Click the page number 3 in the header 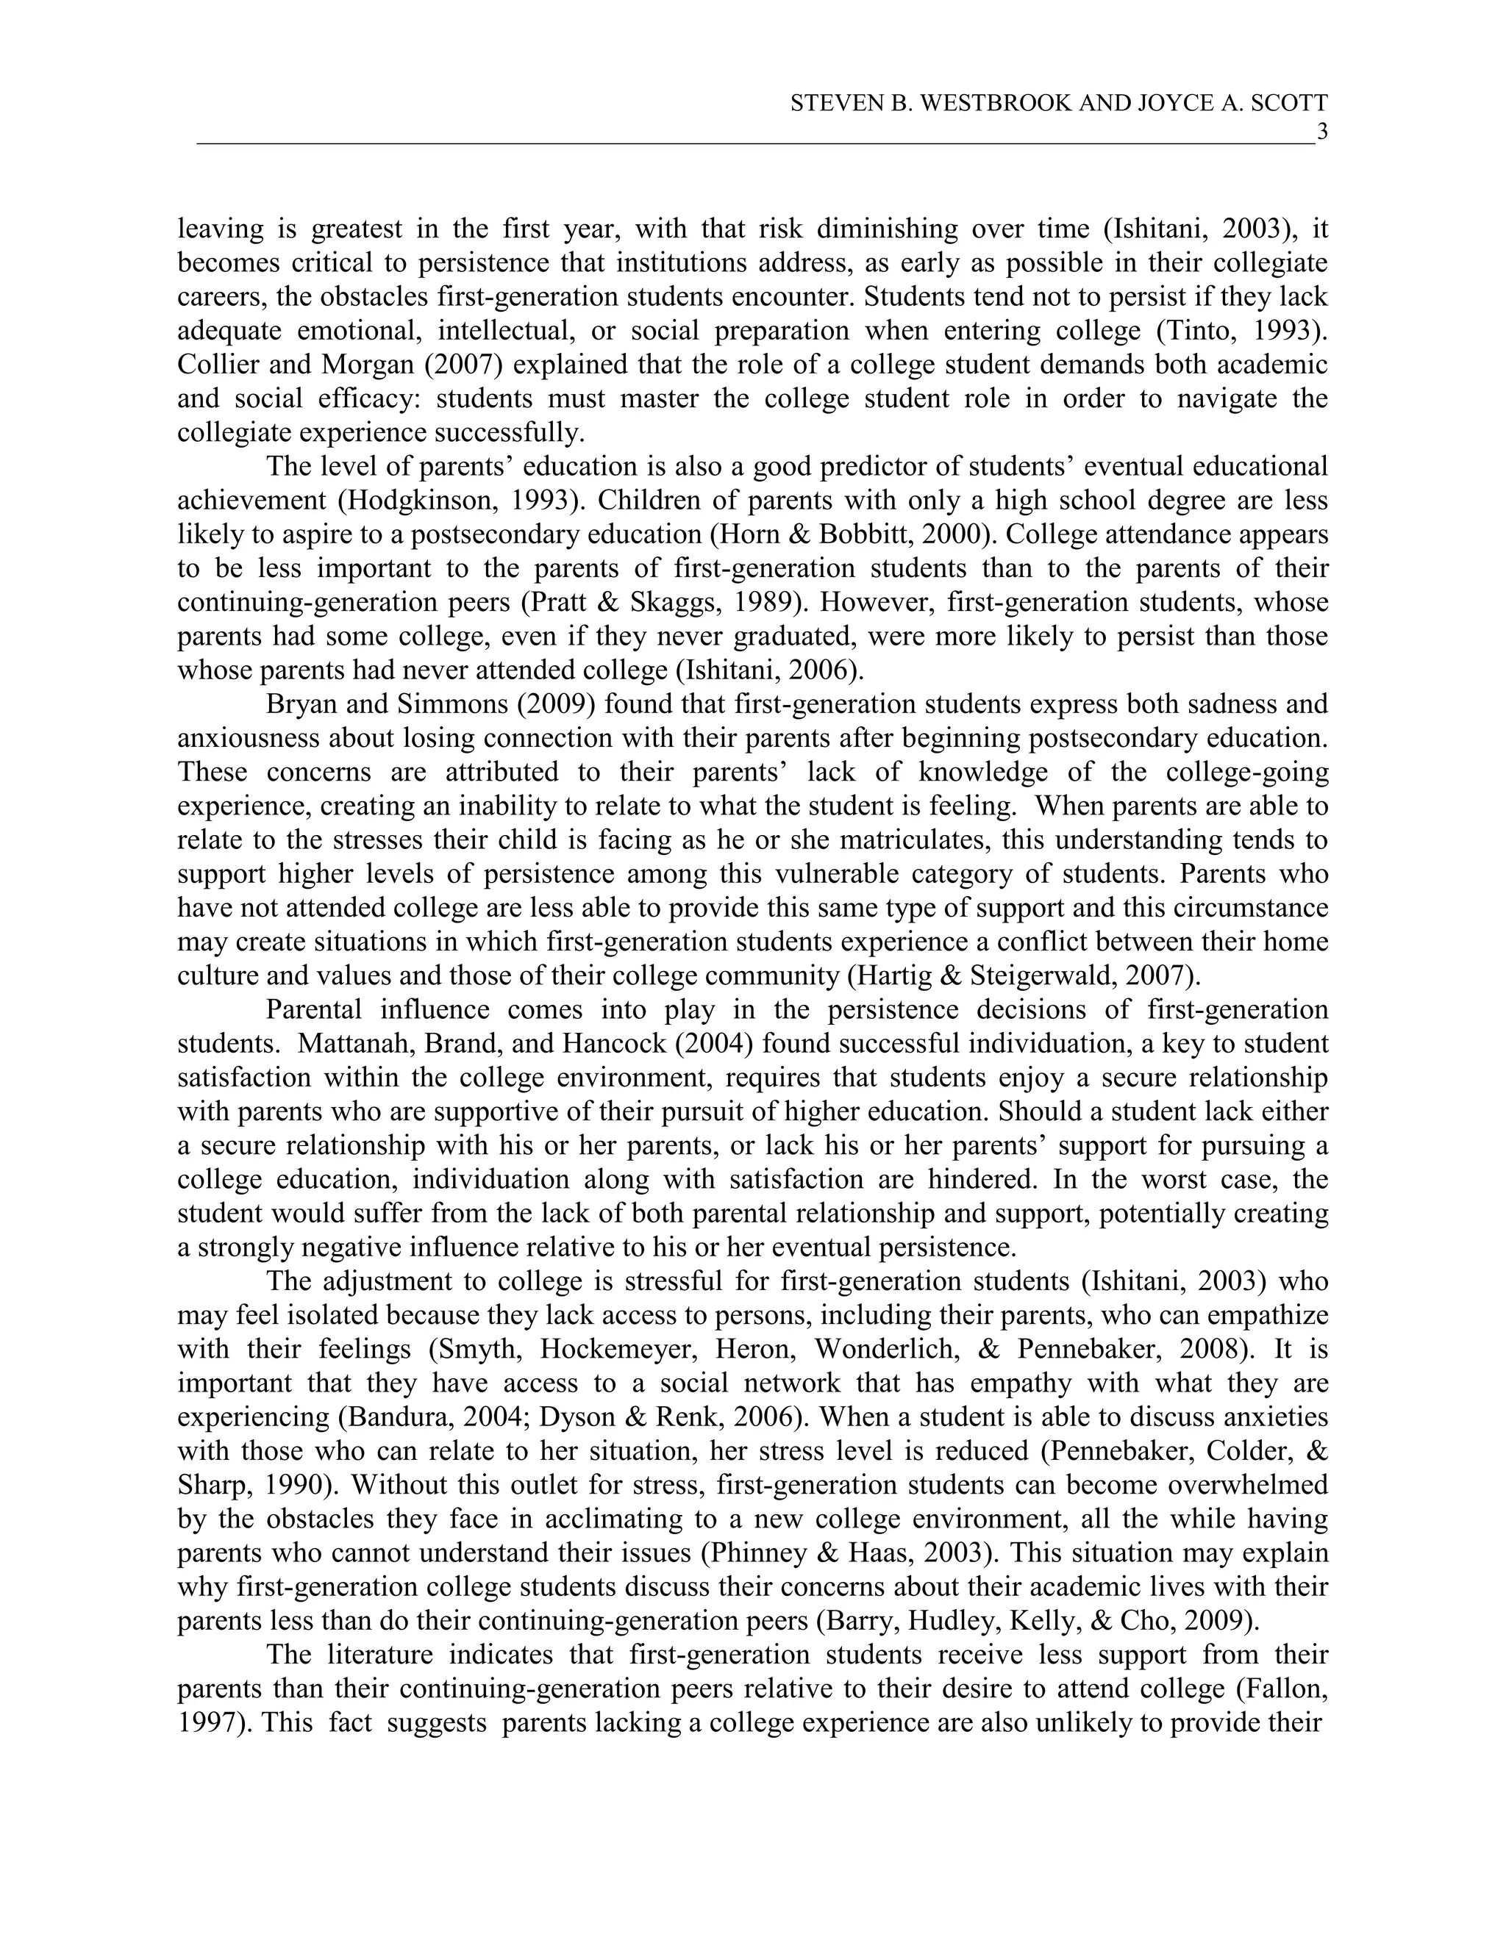1322,133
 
